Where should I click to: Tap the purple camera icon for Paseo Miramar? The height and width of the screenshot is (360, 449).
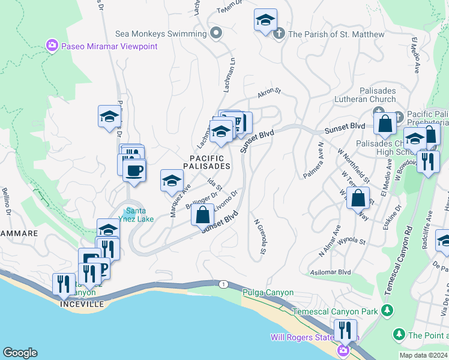52,46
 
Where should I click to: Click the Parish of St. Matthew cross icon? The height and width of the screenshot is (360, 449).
279,34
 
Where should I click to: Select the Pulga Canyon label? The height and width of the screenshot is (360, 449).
268,293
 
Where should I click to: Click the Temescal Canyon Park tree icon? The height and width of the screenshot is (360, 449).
388,311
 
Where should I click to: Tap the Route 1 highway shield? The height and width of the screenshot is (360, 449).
224,283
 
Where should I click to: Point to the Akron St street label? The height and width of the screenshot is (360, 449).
269,92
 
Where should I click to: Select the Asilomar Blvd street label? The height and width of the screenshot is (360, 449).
330,272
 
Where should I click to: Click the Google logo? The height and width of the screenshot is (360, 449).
20,353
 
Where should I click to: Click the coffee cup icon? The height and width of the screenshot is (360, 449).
134,170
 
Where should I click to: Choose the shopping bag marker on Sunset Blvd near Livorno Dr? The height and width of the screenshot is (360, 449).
203,214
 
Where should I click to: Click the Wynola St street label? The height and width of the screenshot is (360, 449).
351,241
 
